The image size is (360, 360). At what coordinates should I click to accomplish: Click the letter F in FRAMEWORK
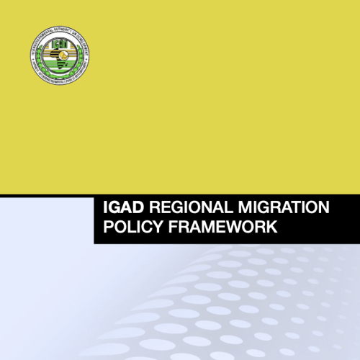tap(170, 229)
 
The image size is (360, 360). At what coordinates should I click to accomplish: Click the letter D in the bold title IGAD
tap(140, 209)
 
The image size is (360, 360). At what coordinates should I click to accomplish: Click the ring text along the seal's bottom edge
tap(61, 81)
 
